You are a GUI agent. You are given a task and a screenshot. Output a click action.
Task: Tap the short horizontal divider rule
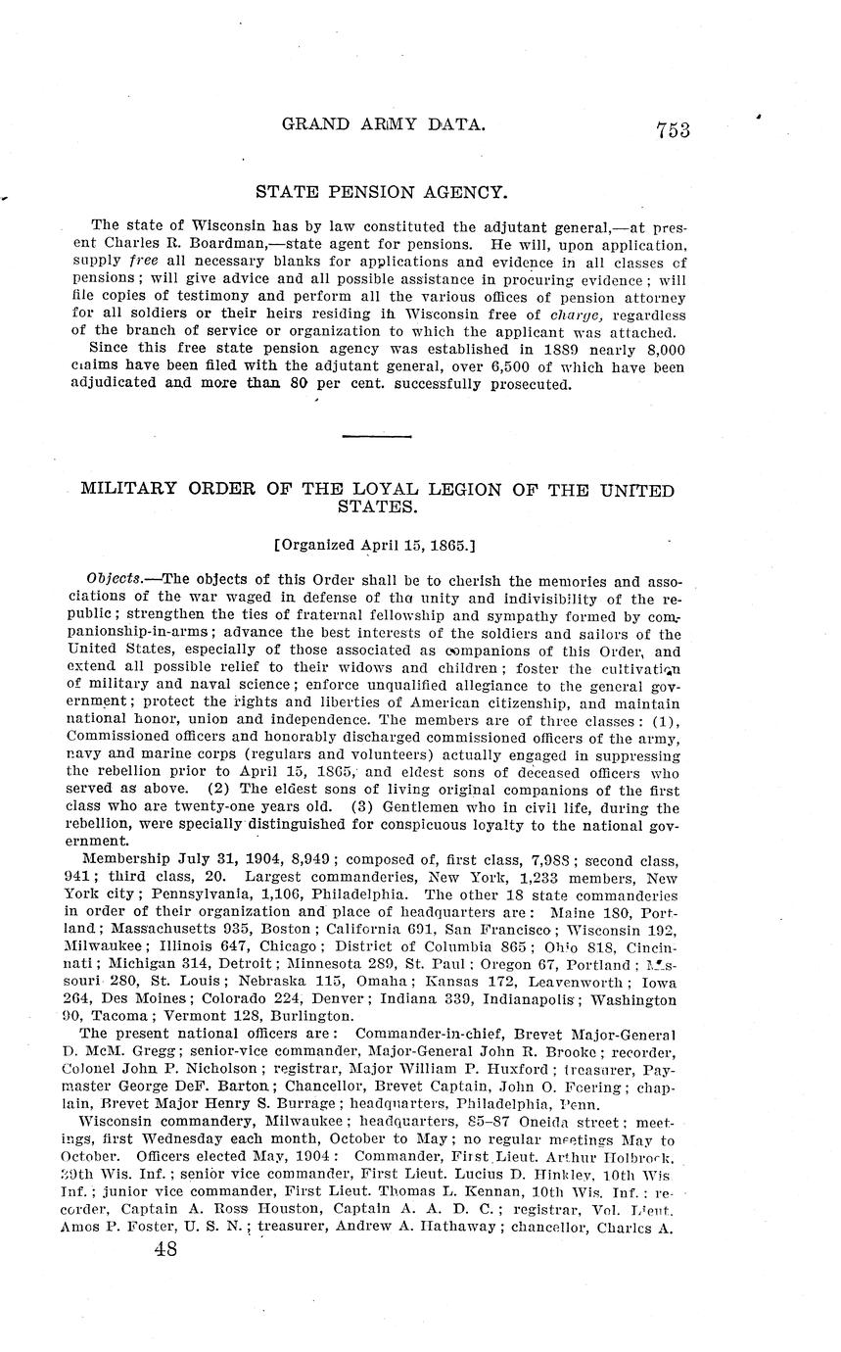[x=381, y=436]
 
